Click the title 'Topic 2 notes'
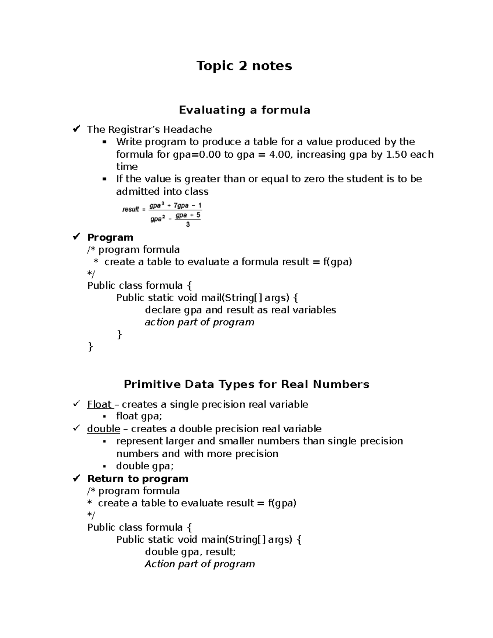[244, 66]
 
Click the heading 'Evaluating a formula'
[244, 110]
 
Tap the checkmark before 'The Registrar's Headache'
[76, 129]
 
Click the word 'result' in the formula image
[131, 210]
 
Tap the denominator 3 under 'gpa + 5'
[188, 225]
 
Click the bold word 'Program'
[110, 237]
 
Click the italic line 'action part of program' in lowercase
[199, 322]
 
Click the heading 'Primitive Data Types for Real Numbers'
[246, 385]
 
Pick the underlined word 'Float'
[99, 405]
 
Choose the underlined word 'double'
[104, 429]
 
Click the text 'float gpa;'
[139, 416]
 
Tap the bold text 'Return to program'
[138, 479]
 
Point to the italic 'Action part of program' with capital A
[200, 564]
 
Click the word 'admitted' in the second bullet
[138, 192]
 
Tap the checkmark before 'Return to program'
[76, 479]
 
